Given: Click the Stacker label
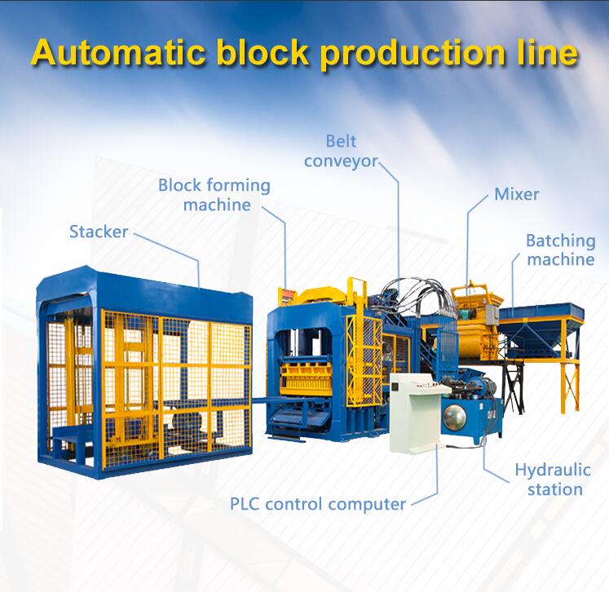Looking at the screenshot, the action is (98, 232).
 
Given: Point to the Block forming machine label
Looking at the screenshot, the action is (215, 195).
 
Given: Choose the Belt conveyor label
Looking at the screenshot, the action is (341, 151).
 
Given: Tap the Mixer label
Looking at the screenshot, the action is (516, 195).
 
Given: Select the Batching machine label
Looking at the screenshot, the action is (560, 250).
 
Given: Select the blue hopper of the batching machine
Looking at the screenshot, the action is (541, 314).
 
